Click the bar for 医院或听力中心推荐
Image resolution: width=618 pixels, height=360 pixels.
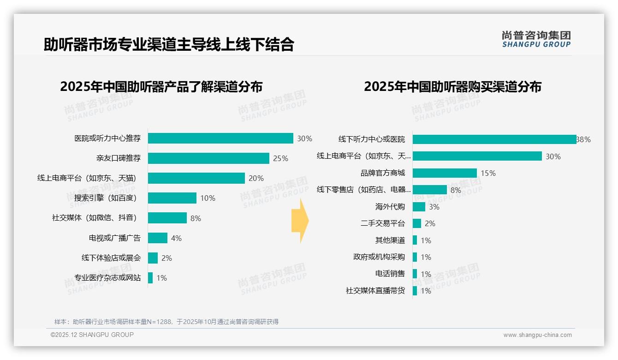tap(220, 138)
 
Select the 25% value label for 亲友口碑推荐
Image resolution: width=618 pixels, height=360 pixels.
tap(280, 158)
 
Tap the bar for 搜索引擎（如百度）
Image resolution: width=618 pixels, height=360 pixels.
tap(172, 198)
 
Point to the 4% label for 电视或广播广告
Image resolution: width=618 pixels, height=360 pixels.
tap(176, 238)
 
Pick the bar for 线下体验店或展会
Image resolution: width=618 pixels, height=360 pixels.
tap(153, 258)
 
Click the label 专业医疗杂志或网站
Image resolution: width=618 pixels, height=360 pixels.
tap(107, 278)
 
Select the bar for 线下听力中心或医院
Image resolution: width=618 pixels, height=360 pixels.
tap(494, 139)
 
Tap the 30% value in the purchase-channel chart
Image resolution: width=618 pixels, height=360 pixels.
tap(553, 156)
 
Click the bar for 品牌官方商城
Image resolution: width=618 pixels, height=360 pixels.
tap(445, 173)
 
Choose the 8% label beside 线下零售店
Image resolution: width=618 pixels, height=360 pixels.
tap(456, 190)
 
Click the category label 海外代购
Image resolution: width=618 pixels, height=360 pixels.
tap(390, 207)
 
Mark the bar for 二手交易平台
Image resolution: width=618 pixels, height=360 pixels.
tap(416, 223)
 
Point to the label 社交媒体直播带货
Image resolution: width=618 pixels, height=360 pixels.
tap(375, 291)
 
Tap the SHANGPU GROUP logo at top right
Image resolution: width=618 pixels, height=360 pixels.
tap(536, 39)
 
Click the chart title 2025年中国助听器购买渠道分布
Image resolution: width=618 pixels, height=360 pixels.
tap(452, 87)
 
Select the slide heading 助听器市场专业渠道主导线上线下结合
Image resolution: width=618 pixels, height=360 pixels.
tap(169, 45)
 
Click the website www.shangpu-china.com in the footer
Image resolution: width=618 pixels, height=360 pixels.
tap(537, 335)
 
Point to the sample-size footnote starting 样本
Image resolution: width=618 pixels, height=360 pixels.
tap(166, 322)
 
